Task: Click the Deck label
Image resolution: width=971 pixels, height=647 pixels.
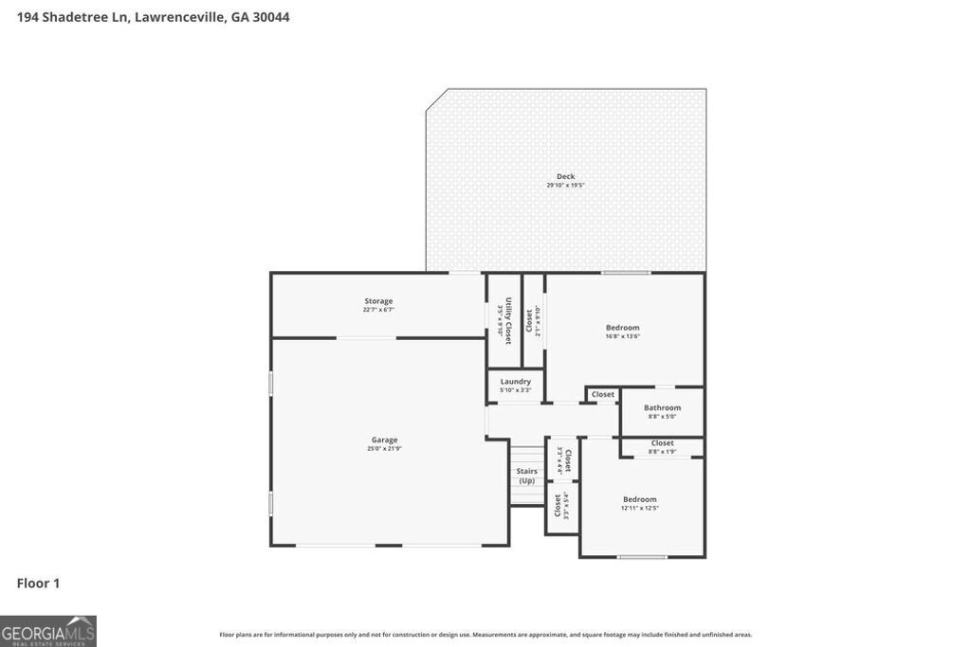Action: click(x=565, y=176)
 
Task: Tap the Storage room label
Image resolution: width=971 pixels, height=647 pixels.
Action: click(x=378, y=301)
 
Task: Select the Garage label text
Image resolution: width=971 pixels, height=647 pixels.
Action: click(x=384, y=440)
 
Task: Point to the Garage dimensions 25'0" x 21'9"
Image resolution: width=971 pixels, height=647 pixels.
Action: click(x=384, y=448)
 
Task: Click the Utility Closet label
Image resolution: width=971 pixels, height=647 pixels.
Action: click(x=508, y=320)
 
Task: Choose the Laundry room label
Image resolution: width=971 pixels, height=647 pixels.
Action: click(x=515, y=381)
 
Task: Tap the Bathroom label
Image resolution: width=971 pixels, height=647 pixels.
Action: click(x=662, y=407)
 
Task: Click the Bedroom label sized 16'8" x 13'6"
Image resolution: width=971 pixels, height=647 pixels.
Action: click(x=623, y=328)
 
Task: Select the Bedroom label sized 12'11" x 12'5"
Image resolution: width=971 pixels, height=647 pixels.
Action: click(x=639, y=499)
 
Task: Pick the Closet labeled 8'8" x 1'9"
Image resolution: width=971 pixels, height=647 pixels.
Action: click(x=663, y=442)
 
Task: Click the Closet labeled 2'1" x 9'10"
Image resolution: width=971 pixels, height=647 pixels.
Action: click(x=529, y=320)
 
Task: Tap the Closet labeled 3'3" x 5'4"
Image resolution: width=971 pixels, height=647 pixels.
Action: click(x=558, y=505)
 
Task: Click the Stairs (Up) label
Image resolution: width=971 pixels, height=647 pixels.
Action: click(x=526, y=476)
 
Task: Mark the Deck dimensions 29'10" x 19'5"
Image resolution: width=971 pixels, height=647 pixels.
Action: click(x=565, y=185)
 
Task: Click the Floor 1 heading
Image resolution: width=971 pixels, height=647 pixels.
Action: click(x=38, y=584)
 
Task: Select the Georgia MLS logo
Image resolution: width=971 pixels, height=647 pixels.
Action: click(x=48, y=631)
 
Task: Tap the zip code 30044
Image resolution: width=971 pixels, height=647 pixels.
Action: click(x=270, y=17)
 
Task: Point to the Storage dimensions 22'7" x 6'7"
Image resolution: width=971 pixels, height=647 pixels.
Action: click(x=378, y=310)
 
